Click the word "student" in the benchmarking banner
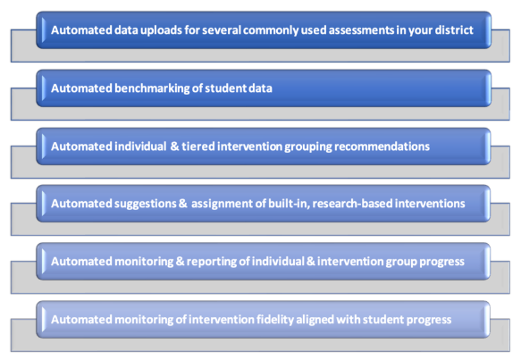point(224,88)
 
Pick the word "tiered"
point(198,147)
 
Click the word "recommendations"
point(382,147)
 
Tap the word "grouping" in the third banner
point(308,147)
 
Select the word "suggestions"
point(146,204)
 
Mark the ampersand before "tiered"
point(174,147)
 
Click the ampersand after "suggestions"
point(182,204)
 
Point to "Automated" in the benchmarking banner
point(81,88)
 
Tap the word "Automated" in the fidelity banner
point(81,320)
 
